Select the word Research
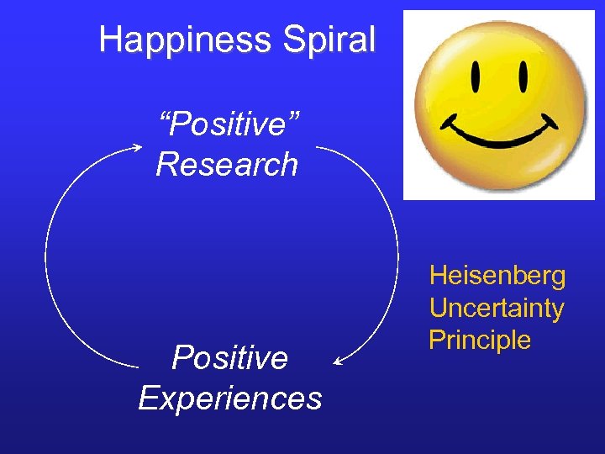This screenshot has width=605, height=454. click(x=227, y=164)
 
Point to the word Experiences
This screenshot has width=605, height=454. click(x=229, y=398)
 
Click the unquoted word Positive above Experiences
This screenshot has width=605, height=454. click(x=229, y=358)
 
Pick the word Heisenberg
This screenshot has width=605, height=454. click(x=497, y=276)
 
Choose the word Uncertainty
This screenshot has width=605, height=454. click(x=497, y=309)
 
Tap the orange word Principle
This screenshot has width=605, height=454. click(x=480, y=340)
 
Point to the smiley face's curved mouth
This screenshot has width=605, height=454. click(x=499, y=135)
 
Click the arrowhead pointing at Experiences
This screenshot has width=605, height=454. click(x=338, y=362)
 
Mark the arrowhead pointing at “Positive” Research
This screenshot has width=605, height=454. click(x=137, y=147)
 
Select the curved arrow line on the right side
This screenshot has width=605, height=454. click(x=397, y=252)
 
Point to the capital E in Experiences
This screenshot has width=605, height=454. click(x=148, y=398)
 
